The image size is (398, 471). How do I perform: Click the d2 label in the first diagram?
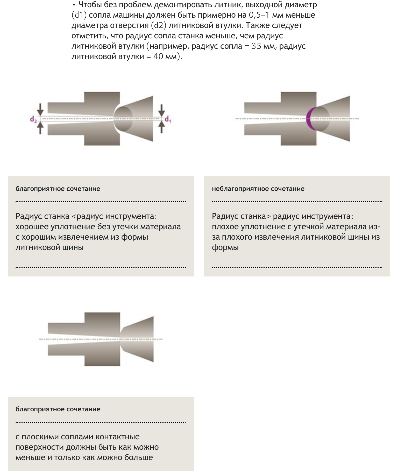(33, 120)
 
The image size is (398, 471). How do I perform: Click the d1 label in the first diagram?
(168, 120)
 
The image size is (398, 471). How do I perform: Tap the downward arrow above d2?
(40, 109)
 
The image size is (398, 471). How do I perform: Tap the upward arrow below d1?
(162, 127)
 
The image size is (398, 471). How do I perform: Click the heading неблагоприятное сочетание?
(258, 189)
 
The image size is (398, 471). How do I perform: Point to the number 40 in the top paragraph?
(158, 57)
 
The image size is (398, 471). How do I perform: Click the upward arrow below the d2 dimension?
(40, 127)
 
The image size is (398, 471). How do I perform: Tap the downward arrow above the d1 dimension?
(162, 110)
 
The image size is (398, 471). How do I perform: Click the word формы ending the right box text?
(225, 247)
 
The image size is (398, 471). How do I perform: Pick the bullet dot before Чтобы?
(74, 5)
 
